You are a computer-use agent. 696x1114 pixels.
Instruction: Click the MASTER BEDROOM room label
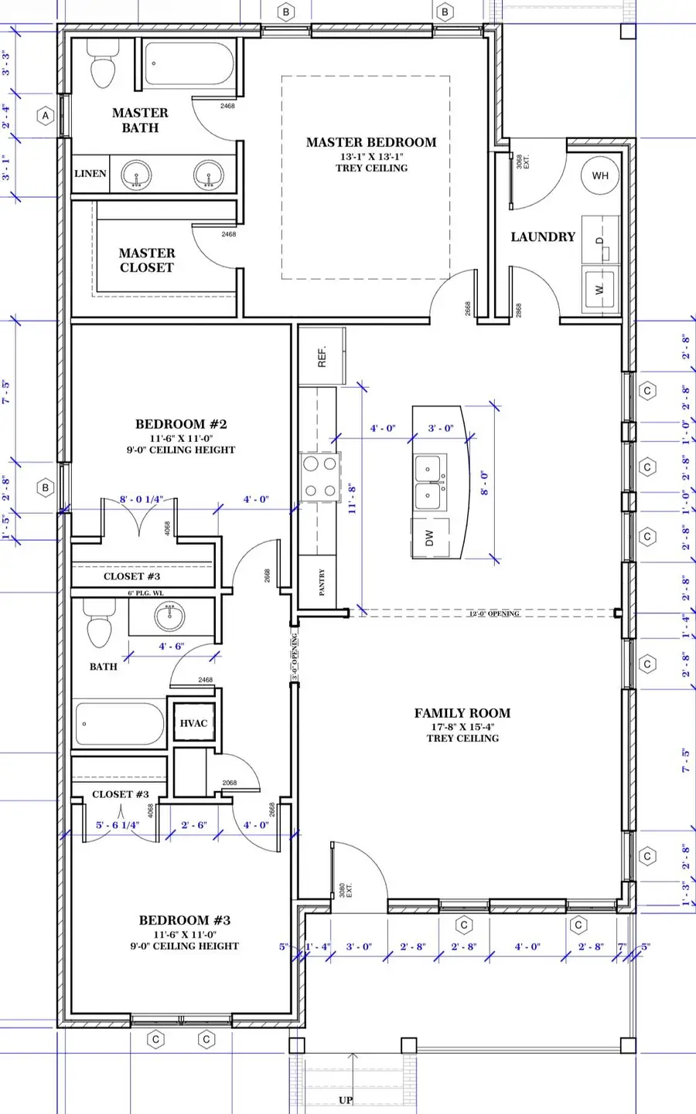[x=371, y=142]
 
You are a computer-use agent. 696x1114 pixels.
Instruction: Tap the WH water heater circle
[x=600, y=175]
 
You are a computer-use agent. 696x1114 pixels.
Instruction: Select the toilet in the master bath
[x=102, y=66]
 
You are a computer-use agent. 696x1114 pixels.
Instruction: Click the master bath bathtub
[x=189, y=64]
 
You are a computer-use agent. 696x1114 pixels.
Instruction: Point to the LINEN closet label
[x=90, y=174]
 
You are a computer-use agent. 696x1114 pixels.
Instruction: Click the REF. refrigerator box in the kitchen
[x=322, y=356]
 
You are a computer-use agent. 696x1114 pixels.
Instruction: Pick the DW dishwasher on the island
[x=430, y=538]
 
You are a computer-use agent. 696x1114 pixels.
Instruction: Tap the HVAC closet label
[x=193, y=723]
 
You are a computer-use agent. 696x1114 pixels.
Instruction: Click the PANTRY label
[x=322, y=582]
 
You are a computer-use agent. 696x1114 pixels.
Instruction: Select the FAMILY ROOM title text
[x=462, y=713]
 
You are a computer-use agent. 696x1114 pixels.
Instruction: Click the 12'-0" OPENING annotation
[x=494, y=613]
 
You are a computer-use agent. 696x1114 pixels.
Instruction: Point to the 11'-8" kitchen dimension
[x=352, y=498]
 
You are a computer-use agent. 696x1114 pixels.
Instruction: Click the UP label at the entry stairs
[x=346, y=1100]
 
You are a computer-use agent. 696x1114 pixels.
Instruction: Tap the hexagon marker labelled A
[x=46, y=116]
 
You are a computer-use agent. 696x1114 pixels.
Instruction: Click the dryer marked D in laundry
[x=600, y=241]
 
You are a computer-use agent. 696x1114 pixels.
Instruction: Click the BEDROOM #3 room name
[x=185, y=920]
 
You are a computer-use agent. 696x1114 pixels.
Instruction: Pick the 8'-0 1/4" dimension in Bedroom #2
[x=142, y=500]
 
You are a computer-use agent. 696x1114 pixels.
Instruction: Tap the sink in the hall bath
[x=169, y=616]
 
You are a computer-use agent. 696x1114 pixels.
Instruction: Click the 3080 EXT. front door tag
[x=344, y=890]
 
